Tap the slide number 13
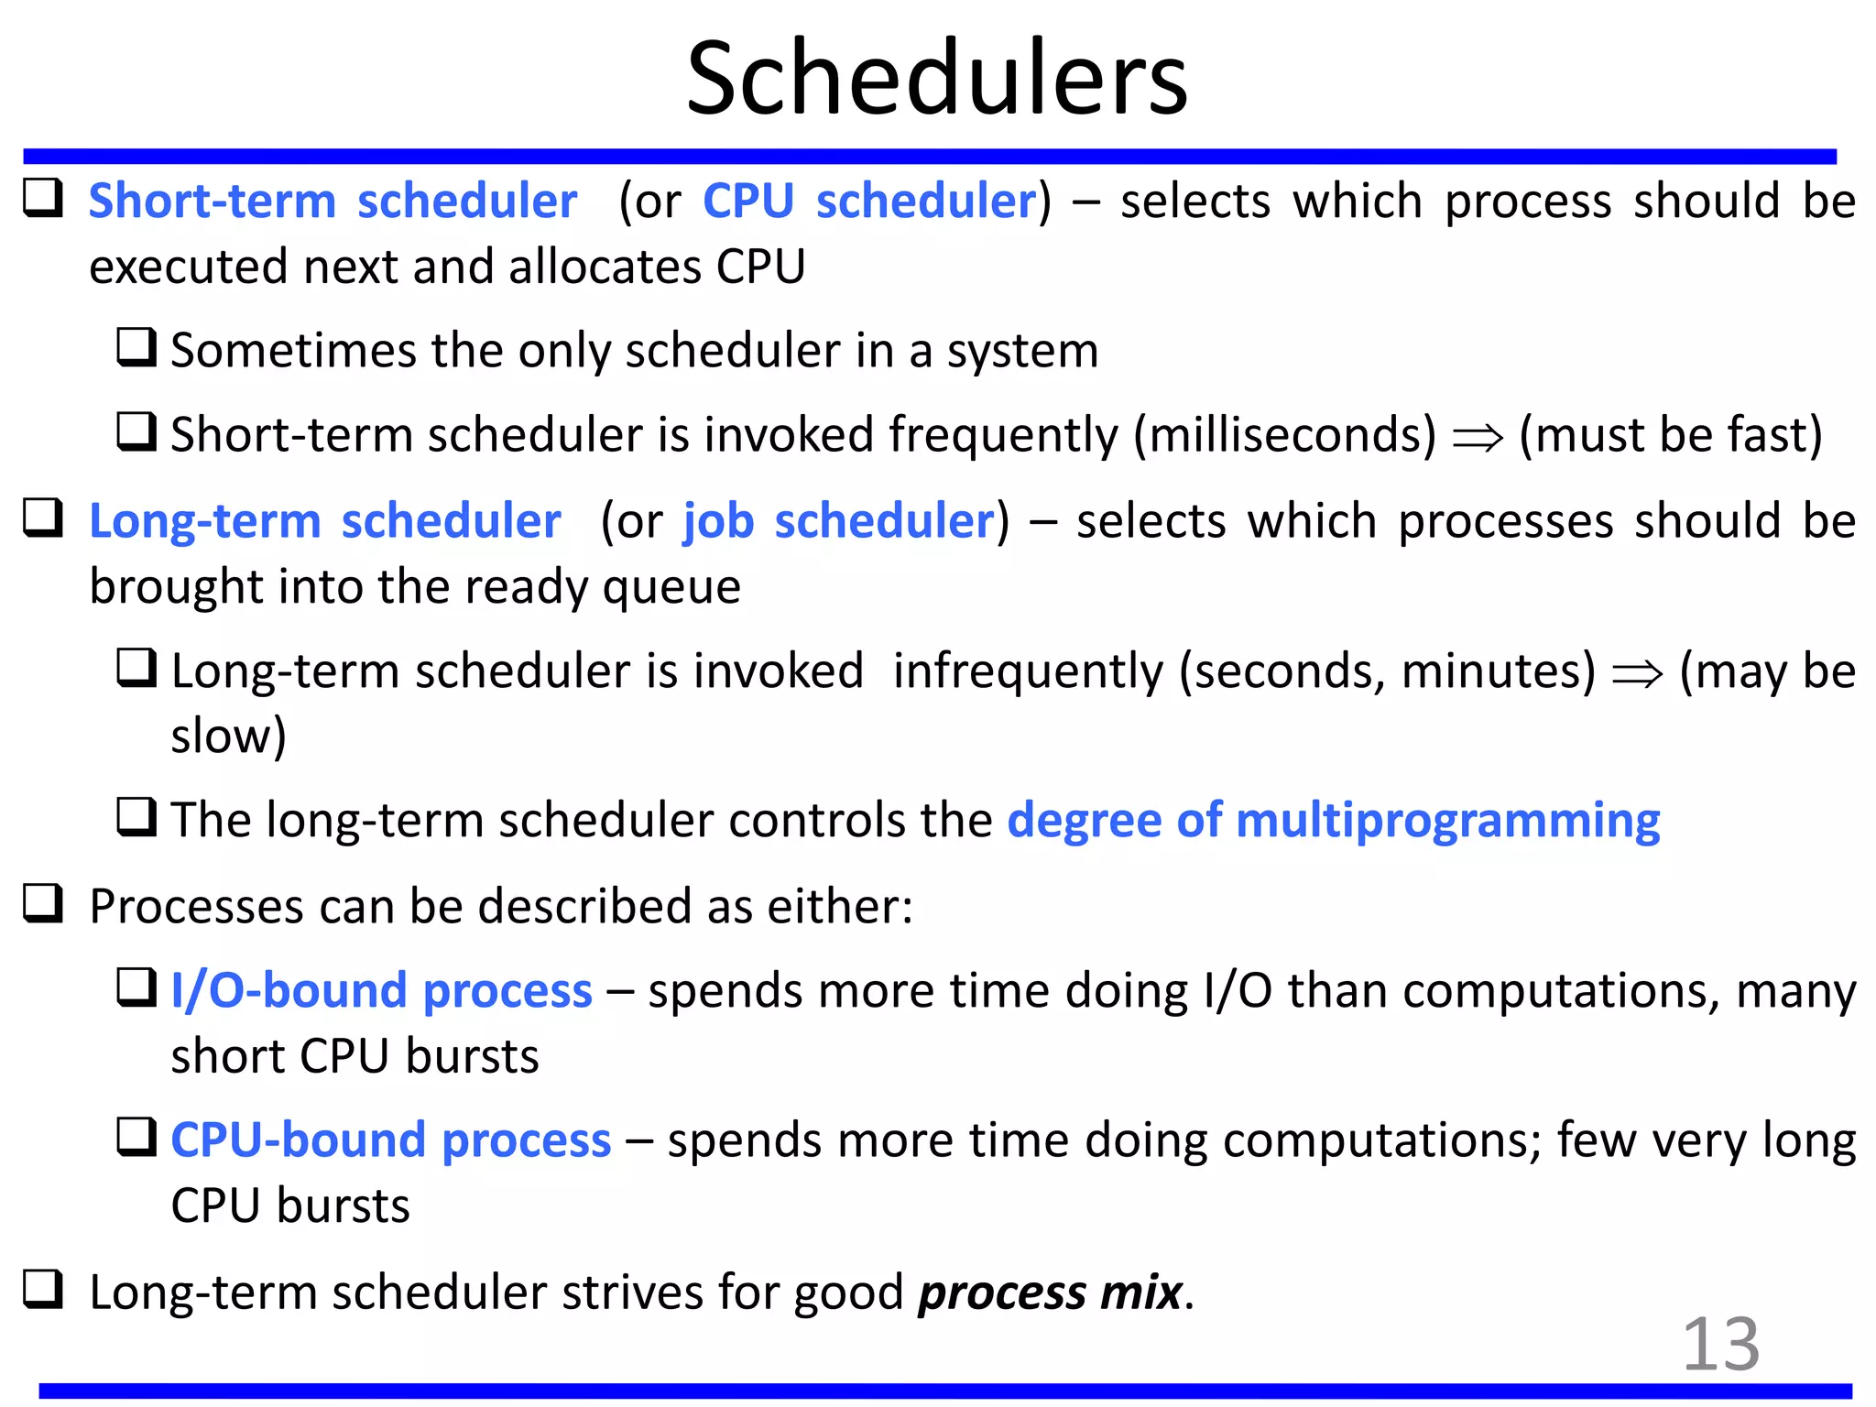(1720, 1344)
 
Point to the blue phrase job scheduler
(839, 521)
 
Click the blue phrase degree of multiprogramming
(1333, 819)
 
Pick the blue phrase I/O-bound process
(381, 990)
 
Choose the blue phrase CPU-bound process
(391, 1140)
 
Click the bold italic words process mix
(1050, 1292)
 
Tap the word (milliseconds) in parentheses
(1284, 434)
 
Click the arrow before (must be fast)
(1478, 438)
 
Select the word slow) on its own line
(229, 736)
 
